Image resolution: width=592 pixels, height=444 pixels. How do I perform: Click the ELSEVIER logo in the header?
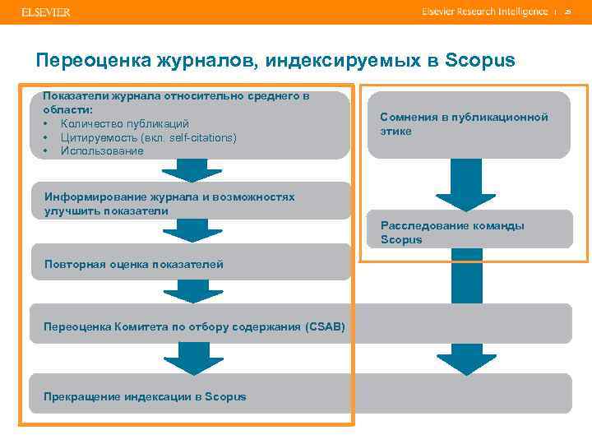[x=46, y=12]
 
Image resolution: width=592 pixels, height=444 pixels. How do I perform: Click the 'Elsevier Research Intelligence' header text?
[x=484, y=12]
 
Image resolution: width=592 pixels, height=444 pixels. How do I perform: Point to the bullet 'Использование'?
[x=102, y=151]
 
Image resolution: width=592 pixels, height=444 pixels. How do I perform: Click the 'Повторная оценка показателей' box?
[x=133, y=264]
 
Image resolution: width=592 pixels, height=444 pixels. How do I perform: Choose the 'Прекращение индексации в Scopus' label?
[x=145, y=396]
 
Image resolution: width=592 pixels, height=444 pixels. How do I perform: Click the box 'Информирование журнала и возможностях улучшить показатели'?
[x=169, y=204]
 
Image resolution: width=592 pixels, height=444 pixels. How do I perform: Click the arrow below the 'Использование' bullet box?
[x=191, y=169]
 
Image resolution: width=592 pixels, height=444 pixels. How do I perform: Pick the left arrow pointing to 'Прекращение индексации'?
[x=191, y=359]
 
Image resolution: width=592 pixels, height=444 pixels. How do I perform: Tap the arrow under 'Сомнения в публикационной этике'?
[x=466, y=185]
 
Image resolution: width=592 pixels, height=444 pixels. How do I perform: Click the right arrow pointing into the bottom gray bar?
[x=466, y=359]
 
